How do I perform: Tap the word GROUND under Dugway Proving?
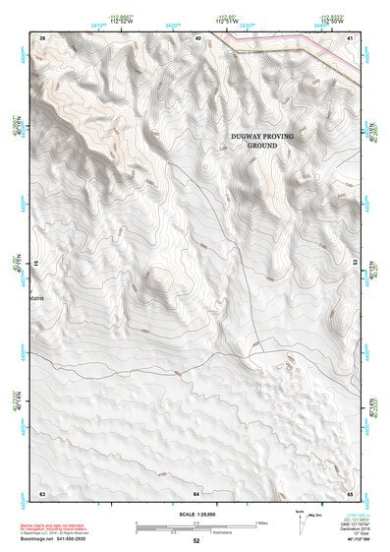click(x=262, y=146)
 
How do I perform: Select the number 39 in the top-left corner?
click(x=42, y=37)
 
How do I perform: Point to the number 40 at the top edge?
click(x=198, y=37)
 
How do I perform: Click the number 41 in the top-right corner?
click(x=350, y=37)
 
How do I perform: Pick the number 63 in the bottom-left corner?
click(x=42, y=491)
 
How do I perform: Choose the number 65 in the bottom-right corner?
click(x=350, y=491)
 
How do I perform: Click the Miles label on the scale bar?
click(x=261, y=522)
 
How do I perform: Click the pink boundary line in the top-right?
click(x=295, y=46)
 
